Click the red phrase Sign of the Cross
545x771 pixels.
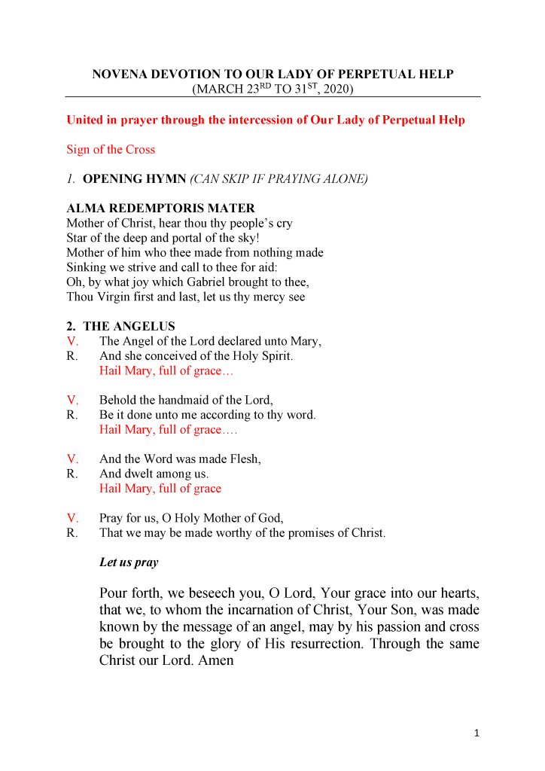point(111,149)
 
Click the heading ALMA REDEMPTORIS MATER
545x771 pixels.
point(160,209)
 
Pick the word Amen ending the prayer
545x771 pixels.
point(217,660)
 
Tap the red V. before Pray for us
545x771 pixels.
point(73,518)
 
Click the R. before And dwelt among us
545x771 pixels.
point(72,474)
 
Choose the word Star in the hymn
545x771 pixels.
point(78,238)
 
